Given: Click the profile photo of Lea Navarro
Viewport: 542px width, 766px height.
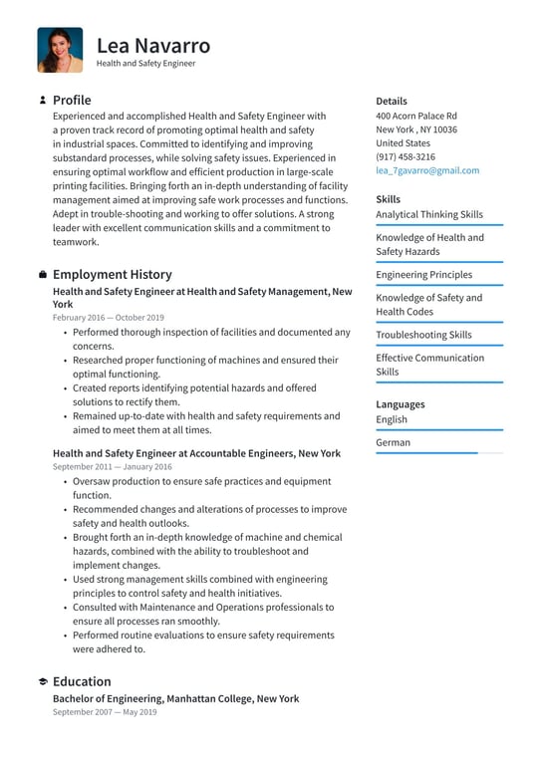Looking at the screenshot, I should pyautogui.click(x=60, y=50).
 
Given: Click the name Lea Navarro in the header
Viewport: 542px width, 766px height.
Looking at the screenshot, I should pyautogui.click(x=153, y=45).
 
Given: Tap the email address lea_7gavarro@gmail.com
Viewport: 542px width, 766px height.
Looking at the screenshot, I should pyautogui.click(x=426, y=170).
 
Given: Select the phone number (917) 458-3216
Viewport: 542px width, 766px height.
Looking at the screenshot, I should pyautogui.click(x=405, y=156).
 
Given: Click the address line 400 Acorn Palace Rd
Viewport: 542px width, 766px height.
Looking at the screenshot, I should pyautogui.click(x=416, y=116).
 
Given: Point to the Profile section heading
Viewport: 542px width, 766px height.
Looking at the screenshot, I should pyautogui.click(x=72, y=100).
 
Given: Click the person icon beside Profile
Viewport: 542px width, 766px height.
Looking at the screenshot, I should pyautogui.click(x=43, y=101).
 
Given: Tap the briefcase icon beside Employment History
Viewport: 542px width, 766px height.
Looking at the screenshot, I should pyautogui.click(x=43, y=275).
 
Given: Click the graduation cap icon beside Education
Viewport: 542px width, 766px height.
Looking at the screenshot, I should pyautogui.click(x=43, y=682).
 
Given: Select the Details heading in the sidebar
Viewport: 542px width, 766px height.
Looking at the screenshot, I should pyautogui.click(x=392, y=101).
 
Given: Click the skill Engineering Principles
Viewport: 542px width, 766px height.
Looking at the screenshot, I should pyautogui.click(x=423, y=275).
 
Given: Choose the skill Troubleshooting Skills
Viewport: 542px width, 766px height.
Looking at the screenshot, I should pyautogui.click(x=423, y=335).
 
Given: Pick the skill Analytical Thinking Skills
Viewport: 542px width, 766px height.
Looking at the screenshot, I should pyautogui.click(x=428, y=214).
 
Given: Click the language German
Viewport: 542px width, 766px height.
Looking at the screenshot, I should pyautogui.click(x=393, y=442).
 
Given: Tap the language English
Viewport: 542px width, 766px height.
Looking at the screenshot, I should pyautogui.click(x=392, y=419).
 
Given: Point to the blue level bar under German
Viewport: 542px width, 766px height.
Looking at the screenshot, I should pyautogui.click(x=426, y=453).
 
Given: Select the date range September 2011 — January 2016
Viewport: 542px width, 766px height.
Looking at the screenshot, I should pyautogui.click(x=112, y=466).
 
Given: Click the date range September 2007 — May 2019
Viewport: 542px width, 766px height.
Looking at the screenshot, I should pyautogui.click(x=105, y=712).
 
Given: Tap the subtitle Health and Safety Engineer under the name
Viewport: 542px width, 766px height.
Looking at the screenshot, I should pyautogui.click(x=145, y=64).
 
